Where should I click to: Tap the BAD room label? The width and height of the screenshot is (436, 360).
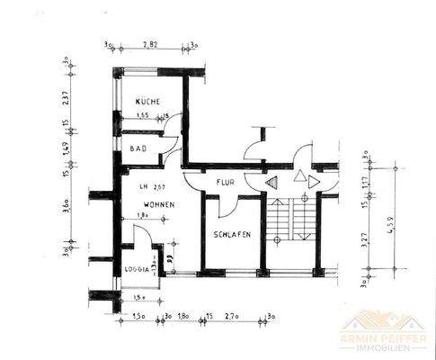pyautogui.click(x=138, y=148)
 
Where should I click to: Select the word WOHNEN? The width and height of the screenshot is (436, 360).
pyautogui.click(x=158, y=205)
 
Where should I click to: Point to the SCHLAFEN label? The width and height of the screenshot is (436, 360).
pyautogui.click(x=232, y=235)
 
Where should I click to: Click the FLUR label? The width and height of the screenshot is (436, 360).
pyautogui.click(x=225, y=184)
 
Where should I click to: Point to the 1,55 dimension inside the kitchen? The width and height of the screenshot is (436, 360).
pyautogui.click(x=143, y=116)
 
